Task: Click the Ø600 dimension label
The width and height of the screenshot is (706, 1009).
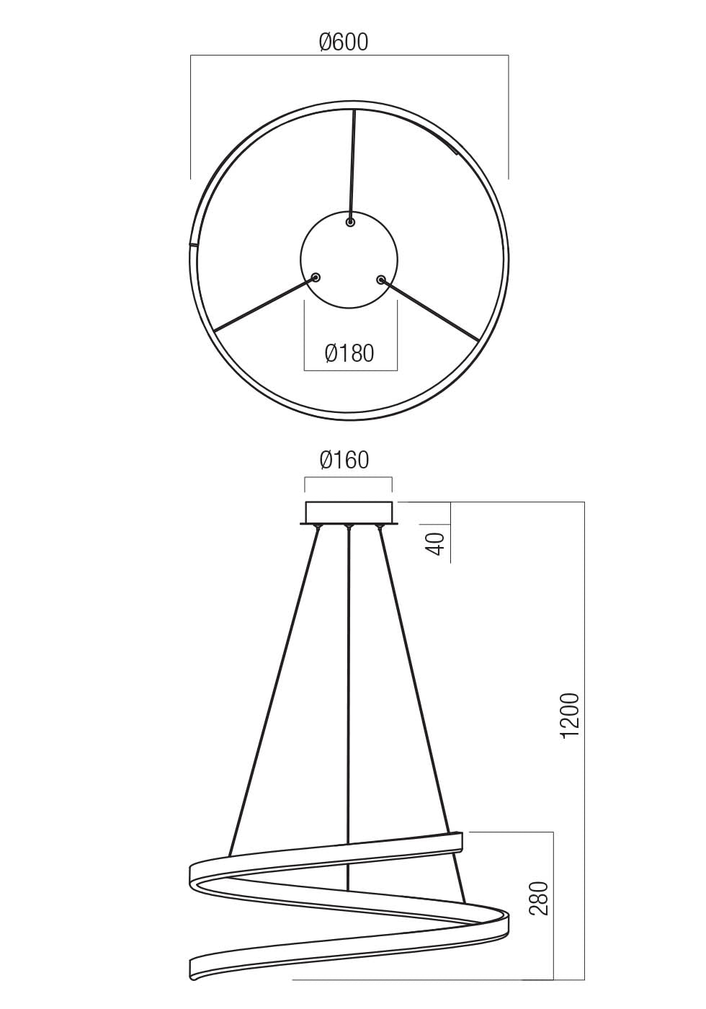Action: (344, 43)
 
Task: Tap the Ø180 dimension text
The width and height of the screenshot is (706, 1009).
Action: (349, 353)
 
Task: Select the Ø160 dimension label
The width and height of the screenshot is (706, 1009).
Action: (344, 460)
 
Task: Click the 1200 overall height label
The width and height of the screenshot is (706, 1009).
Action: (570, 716)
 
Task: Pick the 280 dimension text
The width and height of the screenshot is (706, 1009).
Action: (540, 898)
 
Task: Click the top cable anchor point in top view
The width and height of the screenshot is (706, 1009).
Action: (351, 223)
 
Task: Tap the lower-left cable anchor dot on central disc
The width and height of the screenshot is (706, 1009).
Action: (316, 277)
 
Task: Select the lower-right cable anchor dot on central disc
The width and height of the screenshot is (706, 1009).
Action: (381, 280)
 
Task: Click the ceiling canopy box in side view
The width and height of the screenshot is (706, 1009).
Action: (349, 512)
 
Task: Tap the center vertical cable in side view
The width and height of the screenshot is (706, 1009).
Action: (349, 685)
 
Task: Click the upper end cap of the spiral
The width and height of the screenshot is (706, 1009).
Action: (457, 842)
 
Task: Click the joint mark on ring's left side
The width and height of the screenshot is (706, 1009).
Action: (192, 244)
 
